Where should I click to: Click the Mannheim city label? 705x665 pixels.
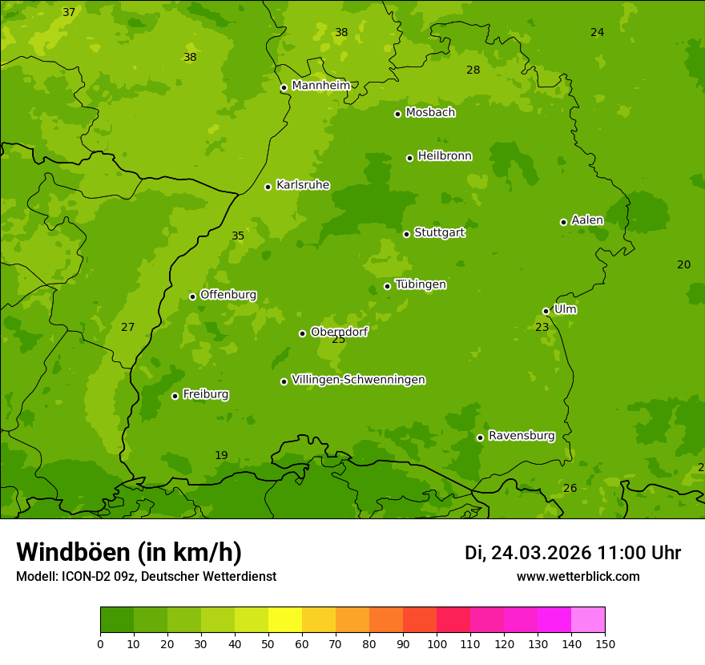320,86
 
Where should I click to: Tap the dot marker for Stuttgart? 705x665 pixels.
406,234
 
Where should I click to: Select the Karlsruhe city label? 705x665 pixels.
302,185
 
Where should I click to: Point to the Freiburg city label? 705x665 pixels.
205,394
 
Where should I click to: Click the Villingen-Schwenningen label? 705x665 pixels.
358,380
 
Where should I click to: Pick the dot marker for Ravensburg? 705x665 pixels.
480,437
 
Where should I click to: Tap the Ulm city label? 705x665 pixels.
565,309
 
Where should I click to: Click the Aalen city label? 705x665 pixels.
586,220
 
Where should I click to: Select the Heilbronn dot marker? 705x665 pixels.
409,158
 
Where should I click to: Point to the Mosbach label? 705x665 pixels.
429,113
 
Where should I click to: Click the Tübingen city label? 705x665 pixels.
420,284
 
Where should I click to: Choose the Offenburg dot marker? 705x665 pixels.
192,296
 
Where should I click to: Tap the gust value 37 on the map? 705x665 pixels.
69,12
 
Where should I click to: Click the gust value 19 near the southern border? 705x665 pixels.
221,455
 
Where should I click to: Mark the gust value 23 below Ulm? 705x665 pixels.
542,327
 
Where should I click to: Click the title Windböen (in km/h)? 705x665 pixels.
129,552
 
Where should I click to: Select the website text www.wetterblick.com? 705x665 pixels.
578,576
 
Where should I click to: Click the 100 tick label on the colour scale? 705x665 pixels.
437,643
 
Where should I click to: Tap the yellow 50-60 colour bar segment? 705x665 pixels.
285,620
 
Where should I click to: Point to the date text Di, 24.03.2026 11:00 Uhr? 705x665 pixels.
572,553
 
